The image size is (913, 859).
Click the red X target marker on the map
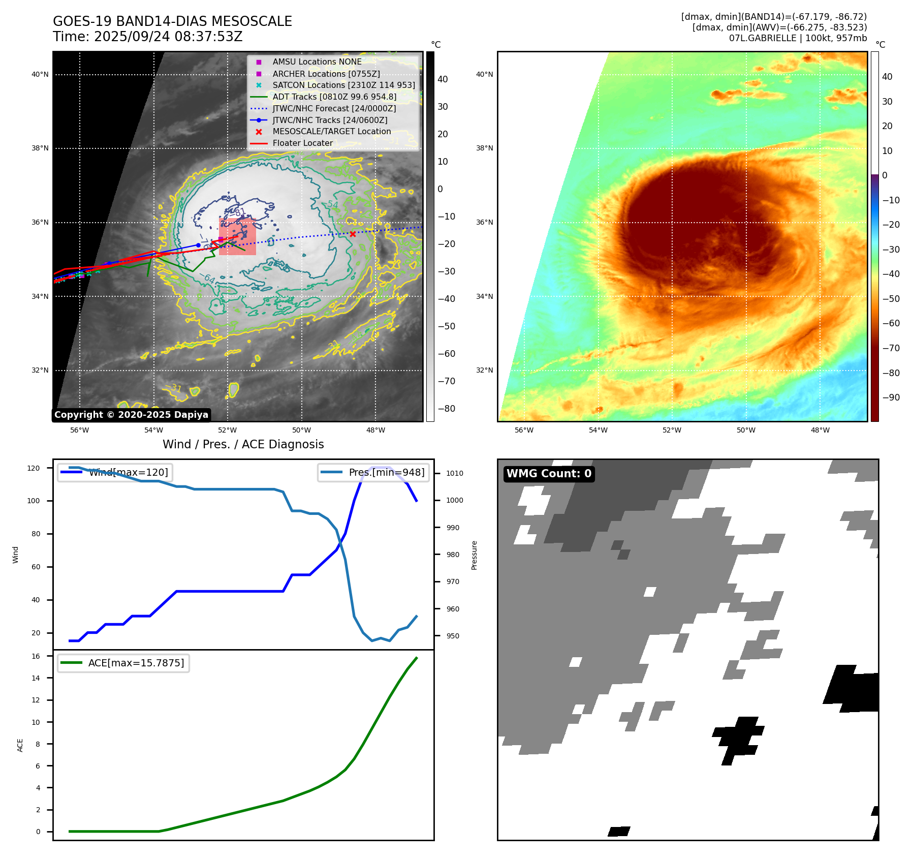pyautogui.click(x=353, y=234)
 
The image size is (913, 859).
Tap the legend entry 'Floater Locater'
pyautogui.click(x=302, y=143)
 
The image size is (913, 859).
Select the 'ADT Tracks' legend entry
pyautogui.click(x=334, y=97)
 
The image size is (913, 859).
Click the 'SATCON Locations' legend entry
pyautogui.click(x=343, y=85)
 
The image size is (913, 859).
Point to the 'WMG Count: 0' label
pyautogui.click(x=549, y=474)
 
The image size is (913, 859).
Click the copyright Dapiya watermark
pyautogui.click(x=131, y=415)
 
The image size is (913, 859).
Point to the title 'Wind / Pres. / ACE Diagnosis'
pyautogui.click(x=243, y=444)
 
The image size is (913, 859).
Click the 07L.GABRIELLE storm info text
pyautogui.click(x=798, y=38)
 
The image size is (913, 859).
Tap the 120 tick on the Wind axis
pyautogui.click(x=34, y=468)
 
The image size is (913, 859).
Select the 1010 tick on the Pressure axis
pyautogui.click(x=455, y=473)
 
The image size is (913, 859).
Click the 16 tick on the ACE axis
pyautogui.click(x=36, y=656)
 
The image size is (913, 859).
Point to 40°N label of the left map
pyautogui.click(x=40, y=74)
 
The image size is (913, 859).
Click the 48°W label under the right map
pyautogui.click(x=820, y=430)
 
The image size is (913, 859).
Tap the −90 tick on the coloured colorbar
pyautogui.click(x=891, y=397)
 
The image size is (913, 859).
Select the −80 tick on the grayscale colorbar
pyautogui.click(x=447, y=409)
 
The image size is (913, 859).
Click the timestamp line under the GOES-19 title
pyautogui.click(x=147, y=37)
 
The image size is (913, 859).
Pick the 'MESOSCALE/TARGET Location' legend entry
pyautogui.click(x=331, y=132)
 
